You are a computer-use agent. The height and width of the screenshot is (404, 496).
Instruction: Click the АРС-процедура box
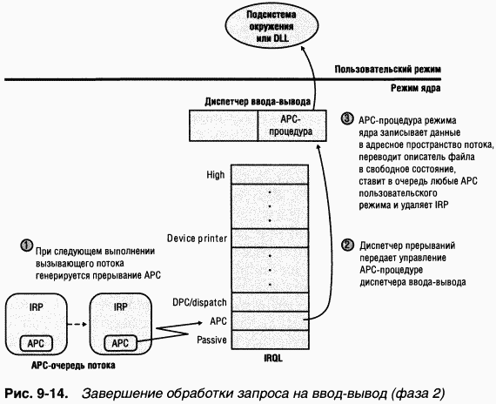285,126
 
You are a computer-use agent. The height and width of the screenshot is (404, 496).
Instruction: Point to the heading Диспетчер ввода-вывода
252,100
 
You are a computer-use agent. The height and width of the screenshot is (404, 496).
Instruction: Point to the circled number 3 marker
347,118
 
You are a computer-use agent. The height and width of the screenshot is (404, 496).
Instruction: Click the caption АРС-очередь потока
63,367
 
